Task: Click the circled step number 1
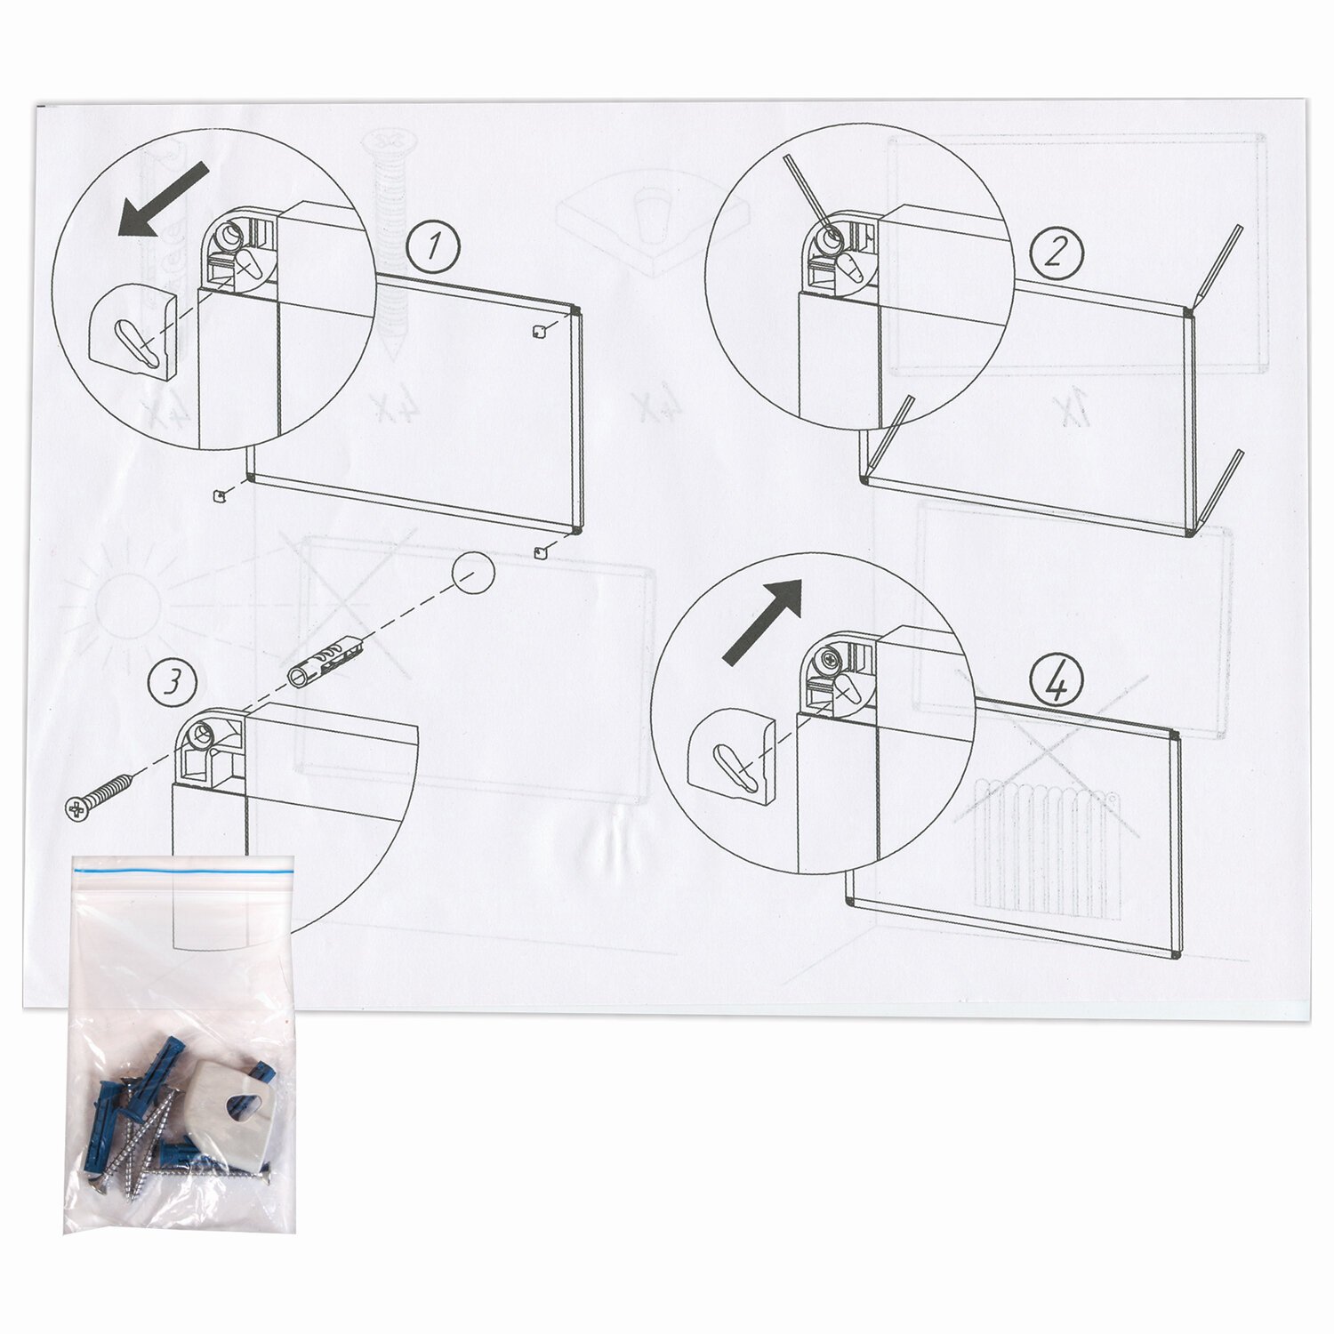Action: point(434,246)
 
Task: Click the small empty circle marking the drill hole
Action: point(473,572)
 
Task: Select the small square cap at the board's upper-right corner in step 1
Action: point(538,331)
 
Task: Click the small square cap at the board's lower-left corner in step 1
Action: point(218,494)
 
